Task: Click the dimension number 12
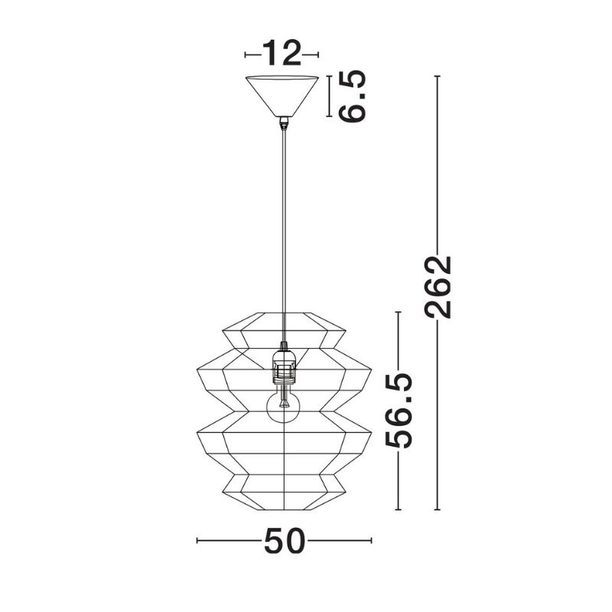click(x=282, y=53)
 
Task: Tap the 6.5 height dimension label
click(x=353, y=96)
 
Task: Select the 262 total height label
click(x=438, y=287)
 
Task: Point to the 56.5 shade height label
click(x=399, y=411)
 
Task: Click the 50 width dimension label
click(x=284, y=541)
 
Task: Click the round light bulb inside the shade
click(x=284, y=407)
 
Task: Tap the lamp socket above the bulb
click(x=283, y=366)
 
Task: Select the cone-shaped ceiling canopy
click(x=282, y=96)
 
